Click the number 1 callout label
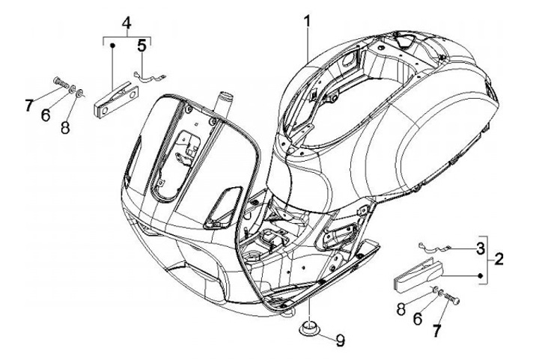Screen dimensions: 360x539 click(308, 22)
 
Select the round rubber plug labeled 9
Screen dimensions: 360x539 click(308, 329)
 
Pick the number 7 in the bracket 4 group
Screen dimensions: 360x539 click(28, 105)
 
